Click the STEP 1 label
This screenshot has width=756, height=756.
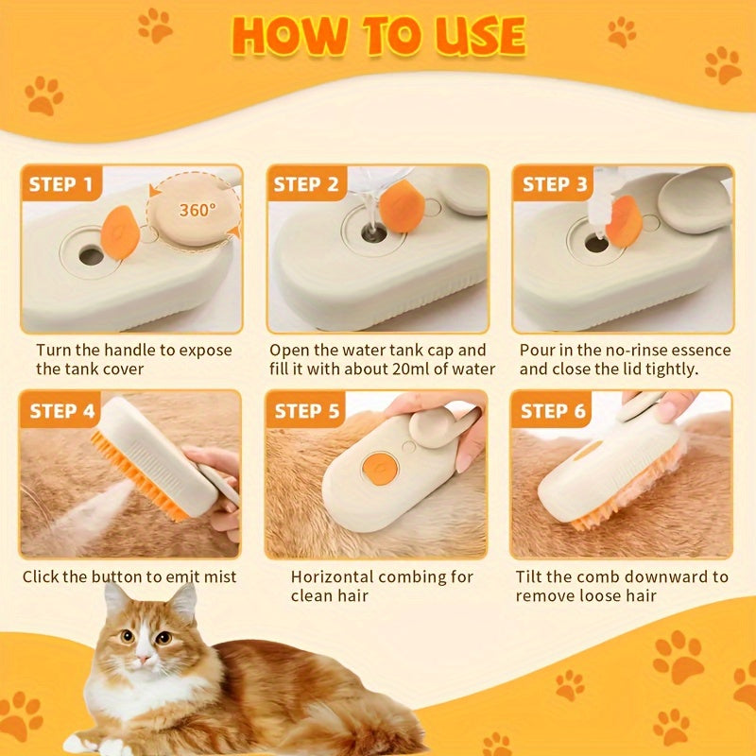pos(60,184)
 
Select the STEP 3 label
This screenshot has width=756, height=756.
pos(555,184)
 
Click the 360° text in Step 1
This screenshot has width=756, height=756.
pos(196,210)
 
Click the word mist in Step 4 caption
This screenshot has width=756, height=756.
pos(216,576)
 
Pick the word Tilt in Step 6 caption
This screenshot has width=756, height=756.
pos(533,576)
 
